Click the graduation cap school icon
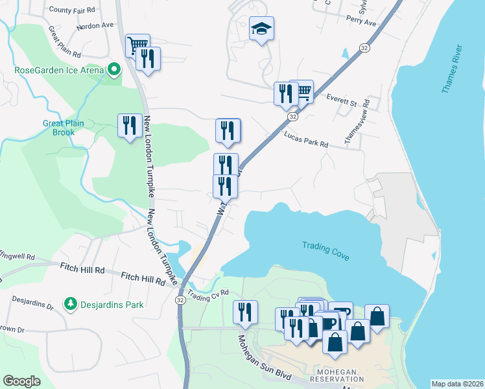[x=261, y=29]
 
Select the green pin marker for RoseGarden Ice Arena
[x=114, y=68]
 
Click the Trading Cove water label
[x=325, y=251]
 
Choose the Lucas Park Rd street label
[x=306, y=139]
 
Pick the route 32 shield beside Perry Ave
[x=365, y=48]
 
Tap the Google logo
[x=21, y=381]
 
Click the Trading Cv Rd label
[x=209, y=294]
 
